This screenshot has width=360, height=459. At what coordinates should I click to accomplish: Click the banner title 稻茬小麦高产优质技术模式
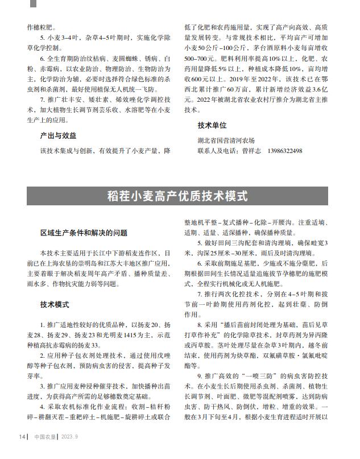click(177, 196)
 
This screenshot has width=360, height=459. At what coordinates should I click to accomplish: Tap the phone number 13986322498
click(283, 151)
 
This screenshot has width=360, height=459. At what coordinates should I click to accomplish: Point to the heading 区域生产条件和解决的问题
click(84, 233)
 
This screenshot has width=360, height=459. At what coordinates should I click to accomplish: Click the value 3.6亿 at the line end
click(321, 89)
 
